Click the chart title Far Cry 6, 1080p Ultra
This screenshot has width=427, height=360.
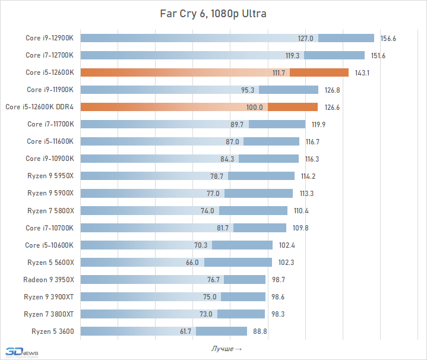click(x=213, y=12)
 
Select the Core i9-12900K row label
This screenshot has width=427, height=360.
click(x=50, y=38)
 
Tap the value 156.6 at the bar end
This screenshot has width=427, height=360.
click(x=388, y=38)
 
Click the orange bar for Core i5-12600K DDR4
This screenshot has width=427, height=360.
click(x=199, y=107)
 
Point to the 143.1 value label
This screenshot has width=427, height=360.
click(x=362, y=72)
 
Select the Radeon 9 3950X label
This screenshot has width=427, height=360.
click(x=49, y=279)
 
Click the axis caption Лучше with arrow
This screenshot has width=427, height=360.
click(x=226, y=348)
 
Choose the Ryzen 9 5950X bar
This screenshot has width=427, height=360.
click(x=187, y=176)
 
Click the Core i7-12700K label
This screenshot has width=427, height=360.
click(x=50, y=55)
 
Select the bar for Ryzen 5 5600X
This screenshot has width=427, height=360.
click(x=176, y=262)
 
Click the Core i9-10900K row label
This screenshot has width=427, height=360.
click(x=50, y=159)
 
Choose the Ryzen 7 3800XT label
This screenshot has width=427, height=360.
click(x=49, y=314)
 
